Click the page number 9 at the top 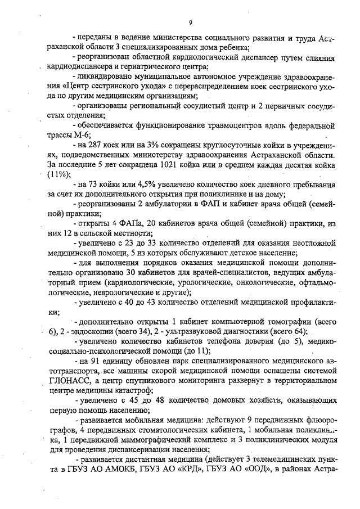[191, 23]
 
